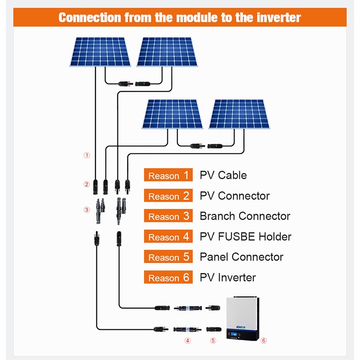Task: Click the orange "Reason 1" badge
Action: point(168,175)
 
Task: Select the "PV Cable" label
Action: point(223,175)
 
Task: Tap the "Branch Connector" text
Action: point(245,216)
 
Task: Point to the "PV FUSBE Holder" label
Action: point(245,237)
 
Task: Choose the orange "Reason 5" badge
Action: point(168,257)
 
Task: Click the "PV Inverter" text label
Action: point(227,278)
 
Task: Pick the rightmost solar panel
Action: point(238,114)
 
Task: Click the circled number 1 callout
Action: point(87,155)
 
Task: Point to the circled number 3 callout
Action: point(87,210)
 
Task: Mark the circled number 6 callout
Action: point(264,341)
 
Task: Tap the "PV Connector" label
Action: point(234,196)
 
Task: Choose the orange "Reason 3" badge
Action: point(168,216)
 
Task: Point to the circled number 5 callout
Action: point(213,341)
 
